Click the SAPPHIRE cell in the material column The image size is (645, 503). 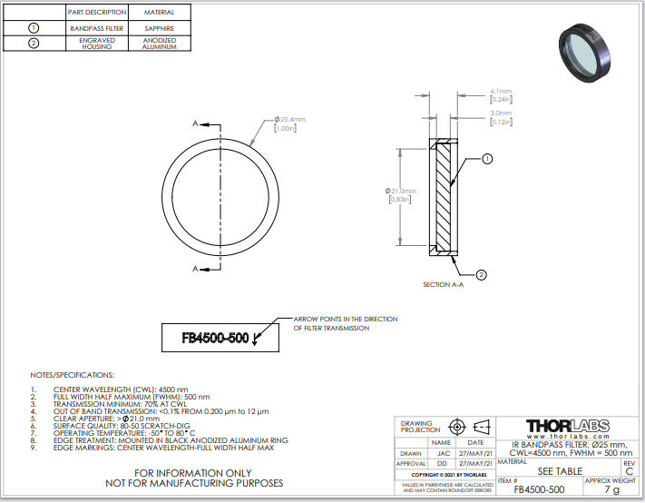tap(159, 28)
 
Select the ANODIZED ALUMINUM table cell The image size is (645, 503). tap(159, 44)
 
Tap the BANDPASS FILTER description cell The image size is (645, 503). tap(97, 28)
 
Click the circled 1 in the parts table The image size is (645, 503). tap(34, 28)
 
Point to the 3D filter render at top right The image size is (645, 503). tap(584, 53)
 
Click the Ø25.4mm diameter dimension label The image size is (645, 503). tap(290, 123)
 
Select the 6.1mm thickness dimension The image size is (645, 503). tap(501, 95)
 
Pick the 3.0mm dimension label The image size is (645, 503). tap(501, 117)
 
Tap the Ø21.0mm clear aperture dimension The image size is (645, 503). tap(400, 195)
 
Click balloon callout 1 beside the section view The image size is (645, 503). tap(487, 159)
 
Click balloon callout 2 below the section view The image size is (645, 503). tap(482, 274)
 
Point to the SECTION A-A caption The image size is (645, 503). tap(443, 284)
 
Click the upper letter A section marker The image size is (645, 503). tap(195, 123)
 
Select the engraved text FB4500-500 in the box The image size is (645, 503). tap(215, 338)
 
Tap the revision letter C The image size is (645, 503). tap(630, 471)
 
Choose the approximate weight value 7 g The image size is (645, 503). tap(611, 489)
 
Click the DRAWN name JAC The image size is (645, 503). tap(444, 453)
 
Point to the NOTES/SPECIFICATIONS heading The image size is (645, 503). tap(73, 375)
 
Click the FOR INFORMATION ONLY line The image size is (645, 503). tap(193, 473)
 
